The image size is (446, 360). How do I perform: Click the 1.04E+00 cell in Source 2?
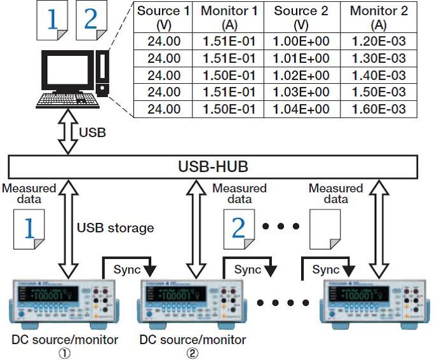(301, 109)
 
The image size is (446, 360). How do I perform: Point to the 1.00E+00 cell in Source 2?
(301, 43)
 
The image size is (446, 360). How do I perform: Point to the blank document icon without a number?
(324, 230)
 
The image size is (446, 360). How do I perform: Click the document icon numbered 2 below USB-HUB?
(239, 230)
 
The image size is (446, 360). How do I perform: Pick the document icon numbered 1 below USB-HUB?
(29, 230)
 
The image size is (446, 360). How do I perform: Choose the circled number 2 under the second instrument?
(192, 352)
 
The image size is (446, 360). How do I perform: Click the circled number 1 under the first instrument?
(64, 352)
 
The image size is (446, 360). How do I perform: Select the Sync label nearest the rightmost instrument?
(326, 269)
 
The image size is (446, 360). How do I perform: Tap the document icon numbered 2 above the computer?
(91, 20)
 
